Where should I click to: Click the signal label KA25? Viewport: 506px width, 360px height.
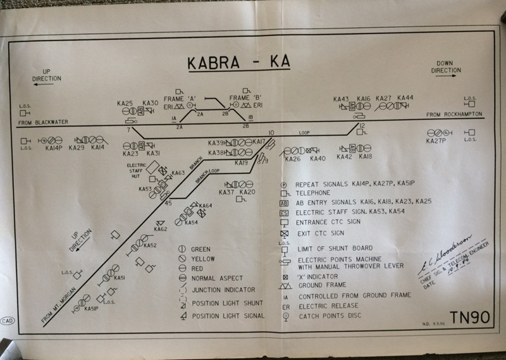pos(125,103)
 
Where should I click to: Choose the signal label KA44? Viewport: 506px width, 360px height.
pos(405,98)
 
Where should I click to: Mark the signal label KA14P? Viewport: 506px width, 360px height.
pos(53,148)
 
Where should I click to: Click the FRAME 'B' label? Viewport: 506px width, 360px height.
pos(245,98)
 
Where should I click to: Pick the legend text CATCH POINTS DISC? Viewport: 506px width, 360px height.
pos(333,314)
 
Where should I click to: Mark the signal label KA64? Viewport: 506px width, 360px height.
pos(205,206)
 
